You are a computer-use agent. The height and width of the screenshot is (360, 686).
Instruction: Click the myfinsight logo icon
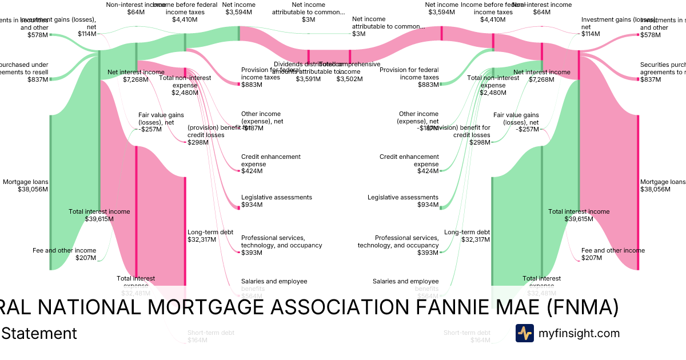[525, 333]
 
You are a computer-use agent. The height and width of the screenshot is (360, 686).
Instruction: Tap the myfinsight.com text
[579, 333]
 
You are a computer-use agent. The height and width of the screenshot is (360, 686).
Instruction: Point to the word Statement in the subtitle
[39, 333]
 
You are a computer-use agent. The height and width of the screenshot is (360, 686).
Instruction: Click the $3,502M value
[350, 79]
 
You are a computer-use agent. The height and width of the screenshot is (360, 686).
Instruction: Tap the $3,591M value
[308, 79]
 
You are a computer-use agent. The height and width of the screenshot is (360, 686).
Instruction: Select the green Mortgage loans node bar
[50, 192]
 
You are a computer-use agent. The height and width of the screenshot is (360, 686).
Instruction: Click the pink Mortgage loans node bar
[638, 192]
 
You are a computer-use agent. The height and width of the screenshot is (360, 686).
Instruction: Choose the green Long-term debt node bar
[492, 231]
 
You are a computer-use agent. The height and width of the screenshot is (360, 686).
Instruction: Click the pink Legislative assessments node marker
[239, 207]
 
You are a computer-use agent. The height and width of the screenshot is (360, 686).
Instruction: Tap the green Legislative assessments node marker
[441, 207]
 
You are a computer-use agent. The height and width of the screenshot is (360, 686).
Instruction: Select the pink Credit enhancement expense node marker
[239, 170]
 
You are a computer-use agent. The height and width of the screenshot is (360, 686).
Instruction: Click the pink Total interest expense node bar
[136, 214]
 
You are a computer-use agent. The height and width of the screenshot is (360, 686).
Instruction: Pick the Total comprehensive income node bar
[350, 56]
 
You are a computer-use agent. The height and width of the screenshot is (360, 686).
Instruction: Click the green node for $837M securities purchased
[50, 79]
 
